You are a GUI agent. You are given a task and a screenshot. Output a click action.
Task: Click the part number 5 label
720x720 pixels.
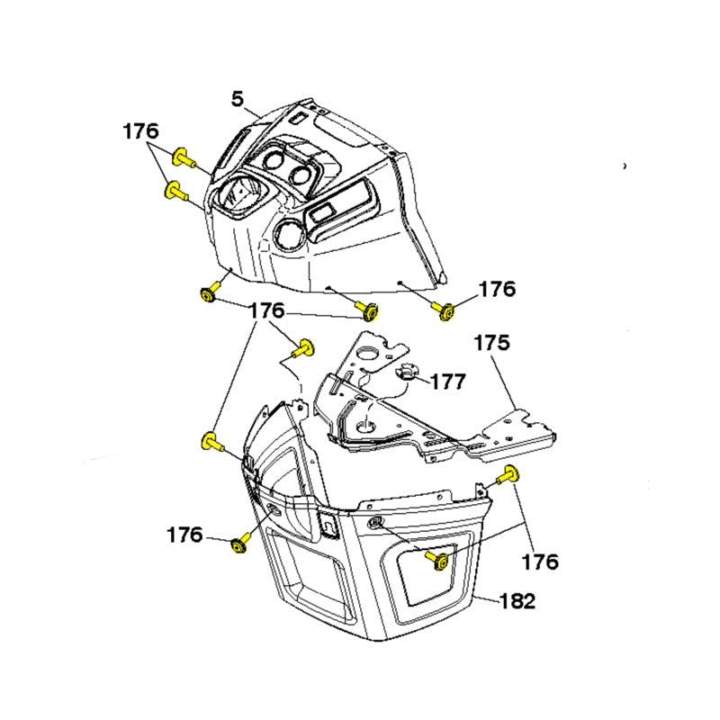point(238,99)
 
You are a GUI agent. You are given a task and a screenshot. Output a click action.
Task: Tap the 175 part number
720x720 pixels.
point(491,343)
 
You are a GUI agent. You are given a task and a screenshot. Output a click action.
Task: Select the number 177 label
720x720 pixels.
point(448,382)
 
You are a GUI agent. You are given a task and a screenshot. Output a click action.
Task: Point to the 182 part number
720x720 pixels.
point(517,601)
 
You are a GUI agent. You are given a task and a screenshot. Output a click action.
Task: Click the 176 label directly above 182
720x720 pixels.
point(540,562)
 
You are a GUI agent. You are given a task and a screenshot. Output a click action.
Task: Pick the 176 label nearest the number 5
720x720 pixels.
point(141,131)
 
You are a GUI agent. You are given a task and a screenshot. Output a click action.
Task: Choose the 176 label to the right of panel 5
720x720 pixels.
point(498,289)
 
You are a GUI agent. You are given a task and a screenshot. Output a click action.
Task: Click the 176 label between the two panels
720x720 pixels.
point(266,310)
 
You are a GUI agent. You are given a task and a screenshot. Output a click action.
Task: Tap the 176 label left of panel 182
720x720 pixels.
point(184,535)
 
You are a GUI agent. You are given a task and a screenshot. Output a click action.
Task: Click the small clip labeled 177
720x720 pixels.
point(405,371)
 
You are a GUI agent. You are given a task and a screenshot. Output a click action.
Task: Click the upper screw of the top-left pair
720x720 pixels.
point(184,158)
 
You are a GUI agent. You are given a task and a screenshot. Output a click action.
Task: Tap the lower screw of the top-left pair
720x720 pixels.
point(175,191)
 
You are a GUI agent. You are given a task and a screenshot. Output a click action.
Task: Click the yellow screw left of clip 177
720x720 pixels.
point(303,349)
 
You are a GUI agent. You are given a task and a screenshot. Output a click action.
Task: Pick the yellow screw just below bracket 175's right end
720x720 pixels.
point(508,475)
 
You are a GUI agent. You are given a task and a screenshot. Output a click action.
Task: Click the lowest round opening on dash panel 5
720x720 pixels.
point(289,232)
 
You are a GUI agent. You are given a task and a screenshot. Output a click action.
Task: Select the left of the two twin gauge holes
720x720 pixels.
point(274,162)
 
